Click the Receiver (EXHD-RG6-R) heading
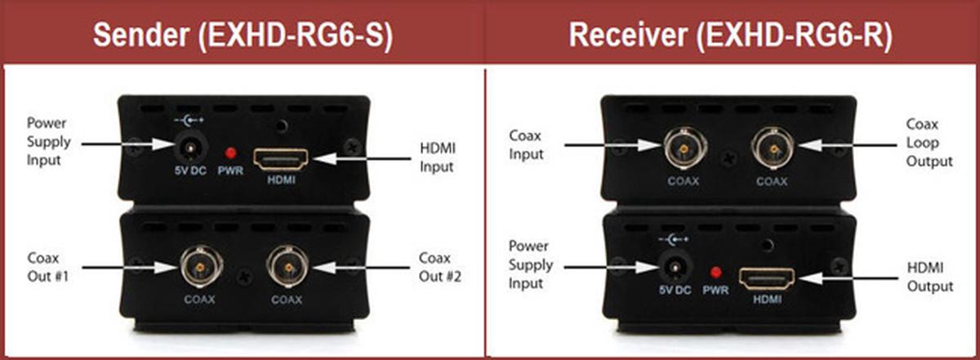[x=732, y=35]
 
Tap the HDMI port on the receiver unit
[x=766, y=279]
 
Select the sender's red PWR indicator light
[x=231, y=153]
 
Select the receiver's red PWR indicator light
[x=715, y=273]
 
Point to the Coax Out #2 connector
[x=286, y=268]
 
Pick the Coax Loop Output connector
[x=770, y=147]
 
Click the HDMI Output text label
[x=930, y=277]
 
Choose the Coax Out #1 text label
[x=47, y=267]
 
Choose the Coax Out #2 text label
[x=441, y=267]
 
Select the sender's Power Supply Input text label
[x=49, y=141]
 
